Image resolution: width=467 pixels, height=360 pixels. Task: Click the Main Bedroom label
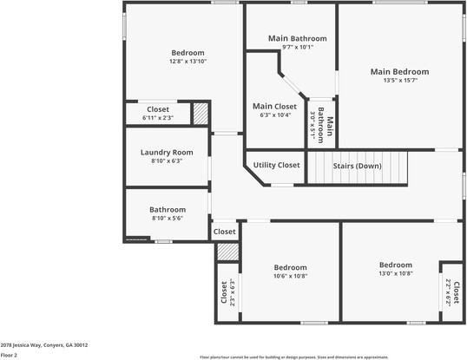pyautogui.click(x=399, y=71)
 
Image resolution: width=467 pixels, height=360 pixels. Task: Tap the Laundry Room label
pyautogui.click(x=167, y=152)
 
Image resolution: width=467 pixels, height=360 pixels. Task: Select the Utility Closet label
pyautogui.click(x=277, y=165)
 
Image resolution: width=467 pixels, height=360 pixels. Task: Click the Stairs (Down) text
pyautogui.click(x=358, y=165)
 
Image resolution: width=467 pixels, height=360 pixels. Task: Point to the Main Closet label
pyautogui.click(x=274, y=106)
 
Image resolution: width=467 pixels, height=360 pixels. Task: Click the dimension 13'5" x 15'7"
pyautogui.click(x=399, y=81)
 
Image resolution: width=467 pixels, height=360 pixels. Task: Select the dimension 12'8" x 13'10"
pyautogui.click(x=187, y=62)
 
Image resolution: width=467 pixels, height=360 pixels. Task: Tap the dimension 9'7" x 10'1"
pyautogui.click(x=297, y=47)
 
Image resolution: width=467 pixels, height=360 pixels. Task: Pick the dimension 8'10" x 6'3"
pyautogui.click(x=167, y=160)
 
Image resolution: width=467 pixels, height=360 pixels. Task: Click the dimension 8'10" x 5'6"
pyautogui.click(x=167, y=219)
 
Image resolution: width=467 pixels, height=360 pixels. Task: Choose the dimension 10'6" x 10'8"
pyautogui.click(x=290, y=276)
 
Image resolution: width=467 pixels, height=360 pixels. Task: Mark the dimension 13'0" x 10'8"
pyautogui.click(x=395, y=273)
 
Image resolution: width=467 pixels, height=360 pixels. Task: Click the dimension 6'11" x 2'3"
pyautogui.click(x=158, y=117)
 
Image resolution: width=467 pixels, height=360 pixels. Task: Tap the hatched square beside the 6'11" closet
pyautogui.click(x=200, y=114)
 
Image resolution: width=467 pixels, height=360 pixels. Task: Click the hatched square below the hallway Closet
pyautogui.click(x=227, y=252)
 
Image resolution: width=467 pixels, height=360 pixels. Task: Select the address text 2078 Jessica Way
pyautogui.click(x=43, y=344)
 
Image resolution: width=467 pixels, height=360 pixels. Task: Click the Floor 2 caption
pyautogui.click(x=9, y=355)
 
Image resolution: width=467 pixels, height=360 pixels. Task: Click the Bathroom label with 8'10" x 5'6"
pyautogui.click(x=167, y=209)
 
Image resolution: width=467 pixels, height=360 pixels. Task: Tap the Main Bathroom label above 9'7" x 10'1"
pyautogui.click(x=297, y=38)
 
